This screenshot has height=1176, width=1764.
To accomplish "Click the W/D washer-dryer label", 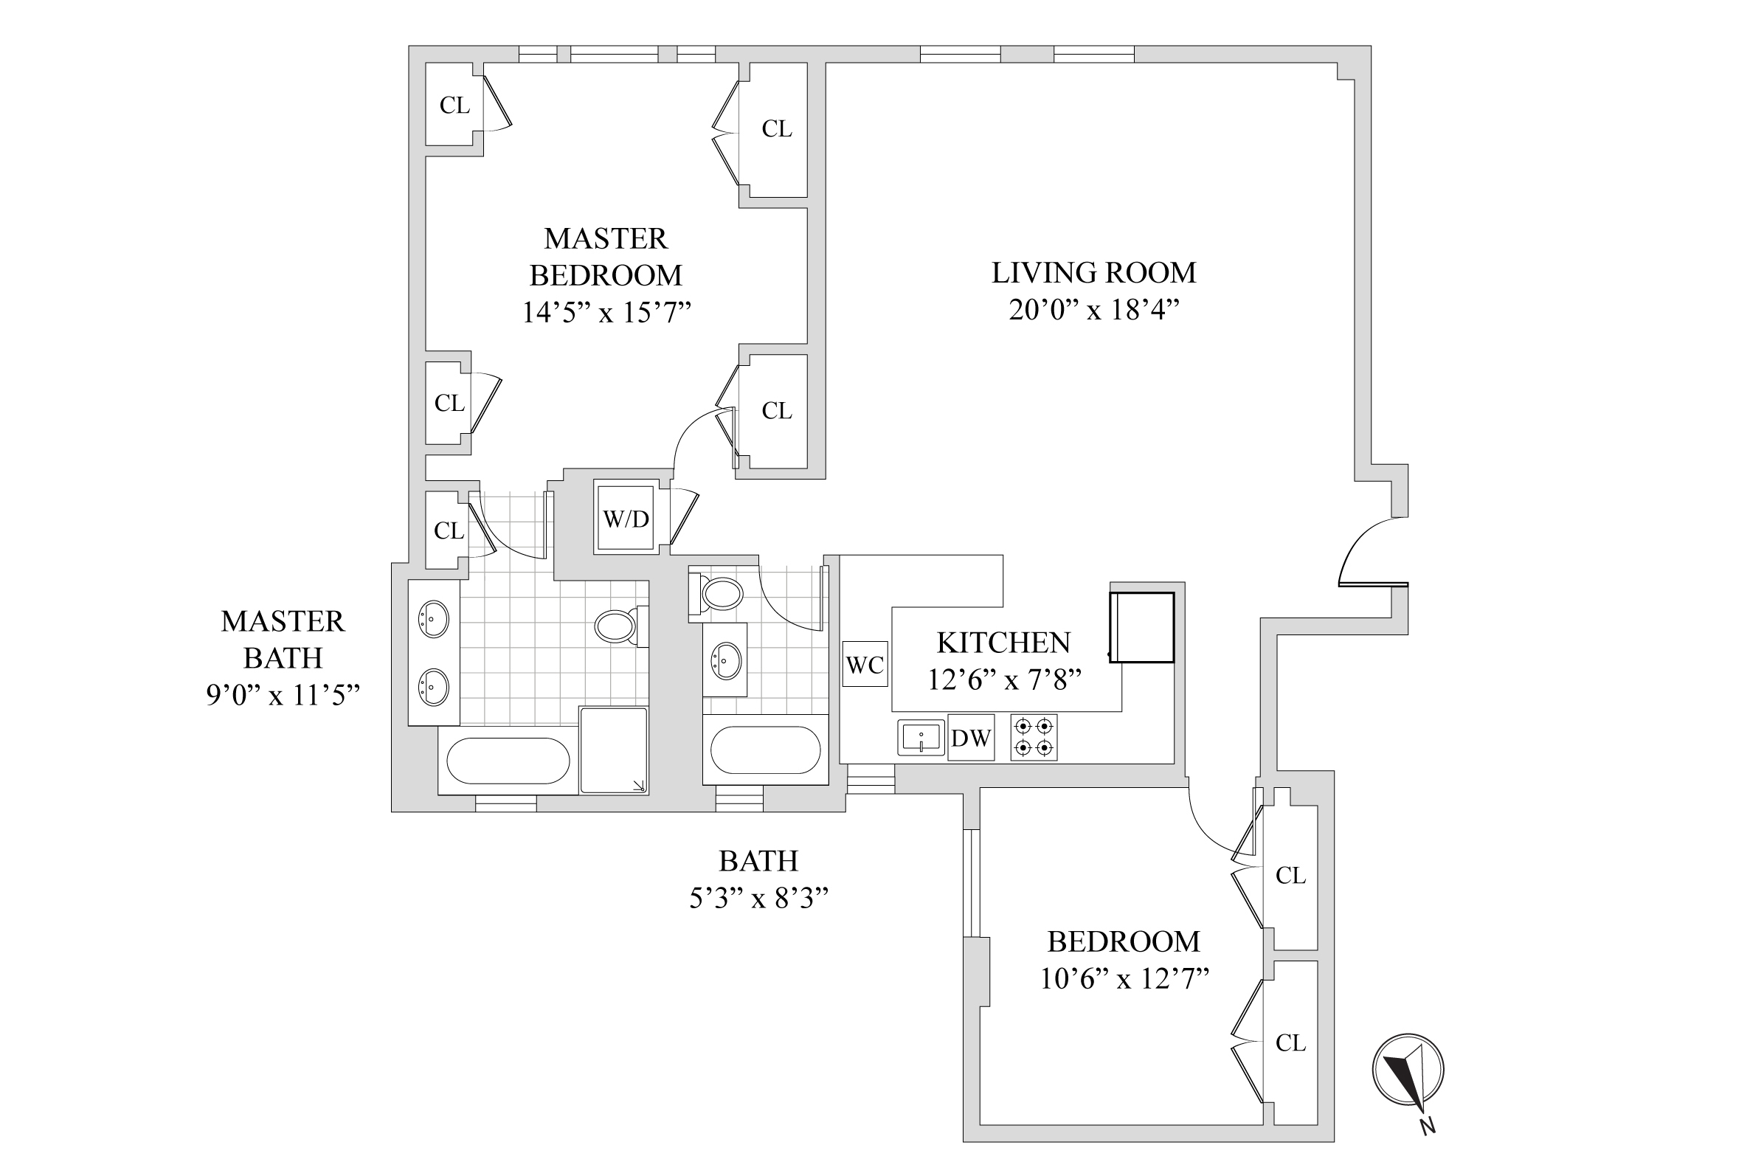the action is point(626,518).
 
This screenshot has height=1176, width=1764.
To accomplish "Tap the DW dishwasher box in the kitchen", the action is point(970,738).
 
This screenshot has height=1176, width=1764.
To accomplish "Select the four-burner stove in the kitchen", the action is point(1034,737).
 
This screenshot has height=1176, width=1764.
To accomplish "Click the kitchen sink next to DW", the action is point(921,737).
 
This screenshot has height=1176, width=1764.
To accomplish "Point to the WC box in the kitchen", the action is point(865,665).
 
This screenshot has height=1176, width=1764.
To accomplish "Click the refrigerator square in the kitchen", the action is point(1141,627).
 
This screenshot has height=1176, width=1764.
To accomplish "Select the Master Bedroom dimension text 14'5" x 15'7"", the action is point(606,312).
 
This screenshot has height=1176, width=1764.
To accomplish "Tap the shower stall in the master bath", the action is point(614,750).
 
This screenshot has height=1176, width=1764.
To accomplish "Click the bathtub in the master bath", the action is point(508,761).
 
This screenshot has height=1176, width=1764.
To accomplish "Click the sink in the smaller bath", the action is point(725,661).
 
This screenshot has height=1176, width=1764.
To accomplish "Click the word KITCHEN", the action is point(1003,643).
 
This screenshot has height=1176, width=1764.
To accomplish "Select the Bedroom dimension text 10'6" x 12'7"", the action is point(1124,979).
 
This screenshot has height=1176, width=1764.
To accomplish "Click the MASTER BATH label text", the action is point(283,639).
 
